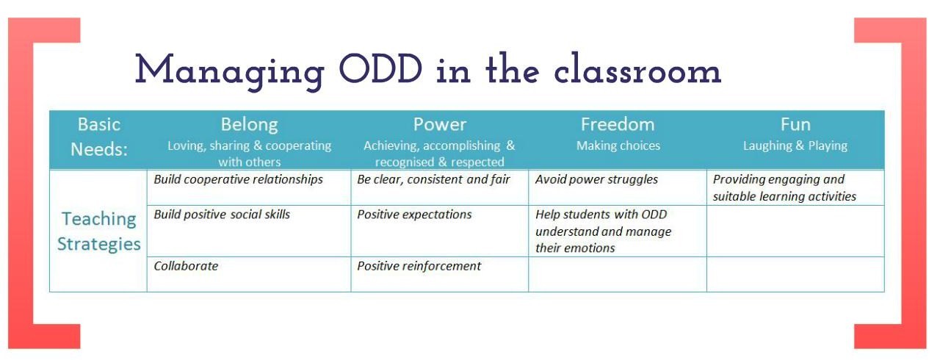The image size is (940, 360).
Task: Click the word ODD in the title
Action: click(380, 69)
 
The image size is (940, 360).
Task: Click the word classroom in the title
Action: click(637, 68)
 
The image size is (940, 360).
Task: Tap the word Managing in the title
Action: click(230, 71)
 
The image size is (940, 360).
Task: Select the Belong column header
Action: click(249, 125)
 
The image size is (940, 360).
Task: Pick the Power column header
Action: click(440, 125)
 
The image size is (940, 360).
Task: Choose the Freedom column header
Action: click(618, 125)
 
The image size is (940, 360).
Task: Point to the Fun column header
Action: click(795, 125)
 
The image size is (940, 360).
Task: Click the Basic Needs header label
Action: click(99, 137)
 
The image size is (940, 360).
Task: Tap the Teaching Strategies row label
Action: click(99, 231)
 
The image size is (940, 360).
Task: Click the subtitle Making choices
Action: click(618, 145)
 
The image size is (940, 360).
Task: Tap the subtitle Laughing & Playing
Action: click(795, 145)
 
